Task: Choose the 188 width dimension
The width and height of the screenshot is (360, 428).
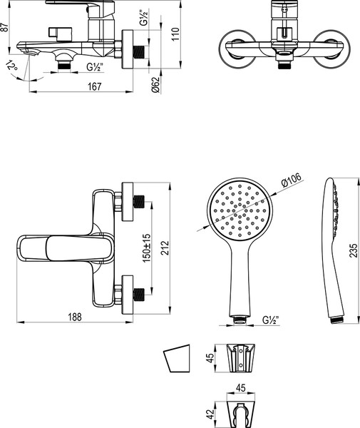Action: [75, 316]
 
